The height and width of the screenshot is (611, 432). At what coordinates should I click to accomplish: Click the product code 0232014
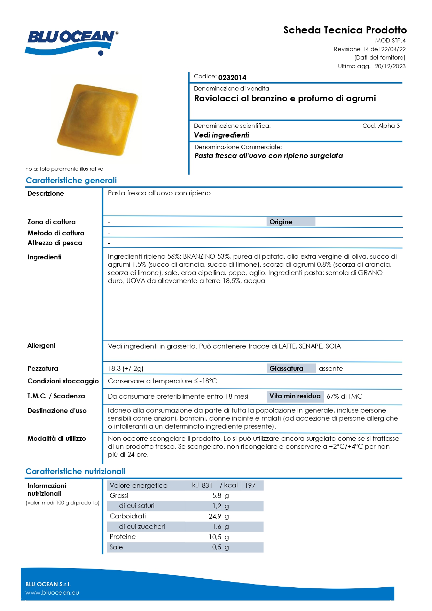coord(232,78)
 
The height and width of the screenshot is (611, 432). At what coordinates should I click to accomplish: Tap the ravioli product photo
coord(98,119)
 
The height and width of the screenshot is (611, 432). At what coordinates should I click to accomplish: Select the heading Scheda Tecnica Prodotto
coord(345,30)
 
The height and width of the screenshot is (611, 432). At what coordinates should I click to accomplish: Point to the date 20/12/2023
coord(390,66)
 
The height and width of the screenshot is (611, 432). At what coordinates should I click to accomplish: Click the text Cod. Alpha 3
coord(381,126)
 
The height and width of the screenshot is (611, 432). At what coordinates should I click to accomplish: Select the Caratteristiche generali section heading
coord(71,180)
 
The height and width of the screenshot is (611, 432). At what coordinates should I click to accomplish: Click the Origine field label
coord(281,222)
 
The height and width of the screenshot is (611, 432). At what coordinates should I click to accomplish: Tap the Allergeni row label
coord(41,345)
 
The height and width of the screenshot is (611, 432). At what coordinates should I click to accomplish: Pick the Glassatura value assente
coord(331,368)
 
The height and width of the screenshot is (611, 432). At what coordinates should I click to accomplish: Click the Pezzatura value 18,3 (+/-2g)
coord(126,368)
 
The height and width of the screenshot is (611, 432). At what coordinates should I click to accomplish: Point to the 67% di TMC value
coord(344,396)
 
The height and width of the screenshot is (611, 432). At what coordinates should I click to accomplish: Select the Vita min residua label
coord(295,396)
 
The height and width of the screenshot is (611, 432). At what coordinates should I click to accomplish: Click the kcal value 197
coord(250,485)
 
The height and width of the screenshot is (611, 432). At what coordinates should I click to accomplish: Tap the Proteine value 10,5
coord(215,537)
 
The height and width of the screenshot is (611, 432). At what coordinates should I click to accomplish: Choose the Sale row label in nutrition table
coord(116,547)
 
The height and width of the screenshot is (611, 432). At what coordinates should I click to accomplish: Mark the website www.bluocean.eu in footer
coord(52,593)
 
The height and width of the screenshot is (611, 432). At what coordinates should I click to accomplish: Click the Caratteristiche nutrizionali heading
coord(76,471)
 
